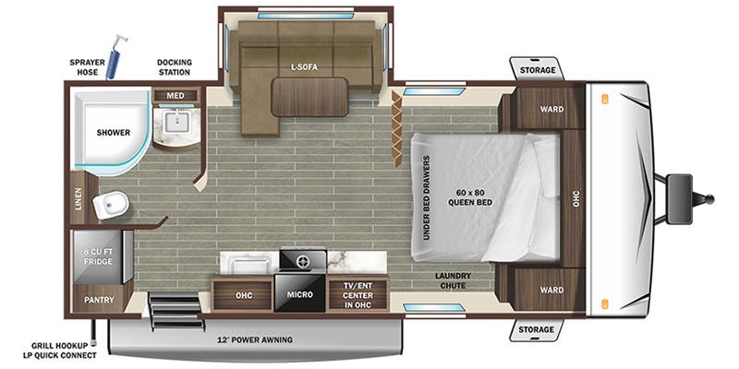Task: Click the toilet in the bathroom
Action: pos(111,206)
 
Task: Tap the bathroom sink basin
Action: pos(176,122)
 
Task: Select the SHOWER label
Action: pos(113,133)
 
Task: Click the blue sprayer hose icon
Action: pos(114,55)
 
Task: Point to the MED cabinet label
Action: pos(176,96)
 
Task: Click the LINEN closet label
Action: pos(79,198)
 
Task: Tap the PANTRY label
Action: pos(99,299)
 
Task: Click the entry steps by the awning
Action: pos(176,310)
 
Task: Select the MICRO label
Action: pos(299,294)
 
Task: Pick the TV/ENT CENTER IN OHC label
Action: pos(358,295)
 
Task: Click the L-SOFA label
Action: pos(304,67)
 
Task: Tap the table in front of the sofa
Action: pos(309,97)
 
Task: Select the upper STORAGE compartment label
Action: pos(538,70)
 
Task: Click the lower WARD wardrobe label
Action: pos(551,290)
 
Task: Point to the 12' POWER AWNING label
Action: pos(255,339)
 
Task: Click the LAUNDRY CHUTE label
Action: pos(453,280)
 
